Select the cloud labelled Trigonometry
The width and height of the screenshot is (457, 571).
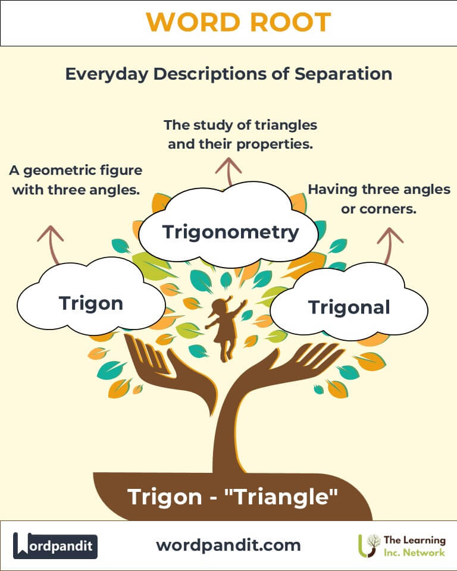coord(231,231)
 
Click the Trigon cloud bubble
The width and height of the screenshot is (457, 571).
coord(91,303)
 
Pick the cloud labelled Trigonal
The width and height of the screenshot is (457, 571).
coord(349,307)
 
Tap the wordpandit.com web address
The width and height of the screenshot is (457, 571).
coord(228,545)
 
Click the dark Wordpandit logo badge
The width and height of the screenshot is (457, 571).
coord(55,545)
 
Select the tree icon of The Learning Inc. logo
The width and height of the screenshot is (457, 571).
coord(370,545)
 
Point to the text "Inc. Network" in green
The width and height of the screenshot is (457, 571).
coord(414,553)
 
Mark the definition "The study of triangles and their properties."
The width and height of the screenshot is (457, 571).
coord(240,135)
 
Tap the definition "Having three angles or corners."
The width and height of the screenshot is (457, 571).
coord(378,199)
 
